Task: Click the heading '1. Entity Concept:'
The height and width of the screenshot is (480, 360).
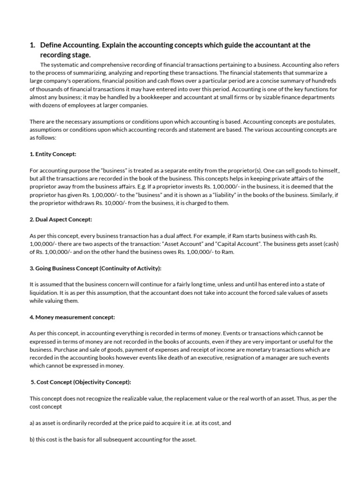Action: tap(52, 154)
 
